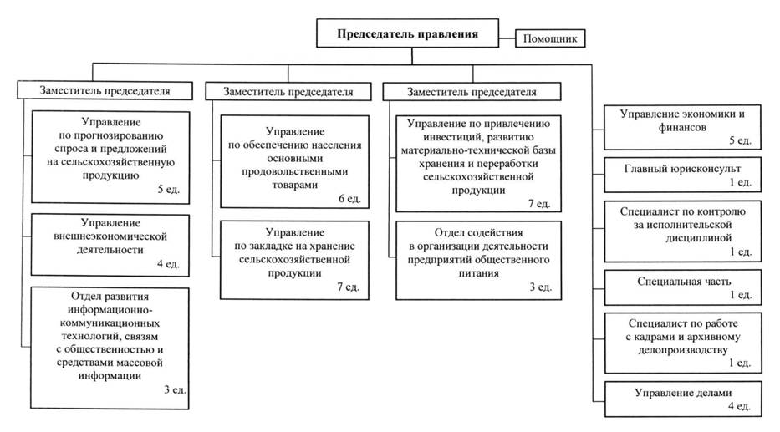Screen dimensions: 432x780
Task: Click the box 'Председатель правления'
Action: click(407, 36)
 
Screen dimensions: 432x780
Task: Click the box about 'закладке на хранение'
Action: click(296, 259)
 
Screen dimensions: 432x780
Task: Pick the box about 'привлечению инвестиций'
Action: click(478, 163)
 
